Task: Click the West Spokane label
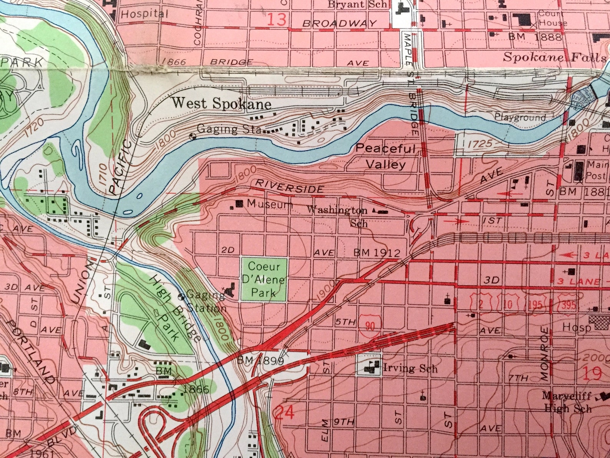click(x=221, y=103)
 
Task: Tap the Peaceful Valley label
click(x=385, y=157)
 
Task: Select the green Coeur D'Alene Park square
click(x=264, y=280)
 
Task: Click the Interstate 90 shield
click(x=370, y=326)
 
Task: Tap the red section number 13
click(x=277, y=19)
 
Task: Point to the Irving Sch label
click(x=410, y=368)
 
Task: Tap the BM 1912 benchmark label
click(x=377, y=253)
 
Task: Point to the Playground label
click(x=520, y=117)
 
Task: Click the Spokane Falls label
click(x=554, y=58)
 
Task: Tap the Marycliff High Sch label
click(x=567, y=401)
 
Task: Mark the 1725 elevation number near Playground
click(x=480, y=144)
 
